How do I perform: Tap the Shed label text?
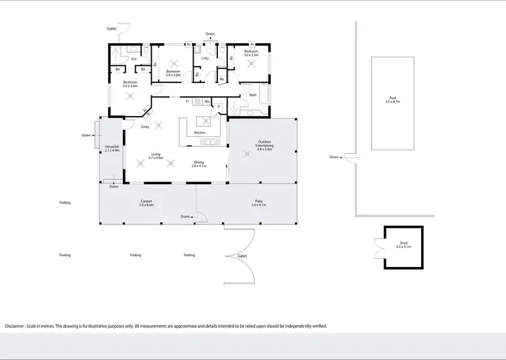(x=403, y=243)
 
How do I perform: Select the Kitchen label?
(x=199, y=133)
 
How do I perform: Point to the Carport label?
(x=146, y=200)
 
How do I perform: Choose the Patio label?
(x=258, y=200)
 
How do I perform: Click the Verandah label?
(x=112, y=146)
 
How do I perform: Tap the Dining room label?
(x=198, y=162)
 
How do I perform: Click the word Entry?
(x=145, y=127)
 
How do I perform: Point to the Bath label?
(x=252, y=95)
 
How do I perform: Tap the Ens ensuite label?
(x=134, y=59)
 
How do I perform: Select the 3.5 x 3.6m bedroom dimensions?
(x=130, y=86)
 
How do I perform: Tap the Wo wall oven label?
(x=207, y=101)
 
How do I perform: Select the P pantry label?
(x=219, y=107)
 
